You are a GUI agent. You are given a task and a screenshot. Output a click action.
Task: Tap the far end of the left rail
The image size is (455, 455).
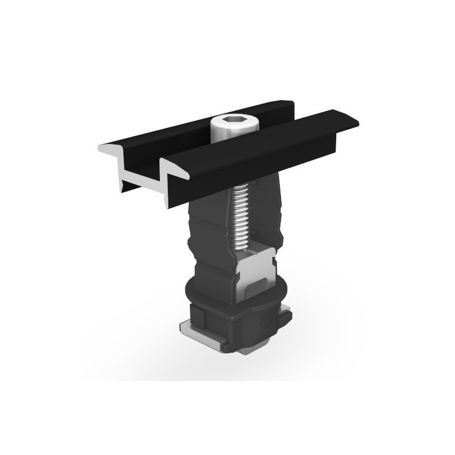coord(287,106)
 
